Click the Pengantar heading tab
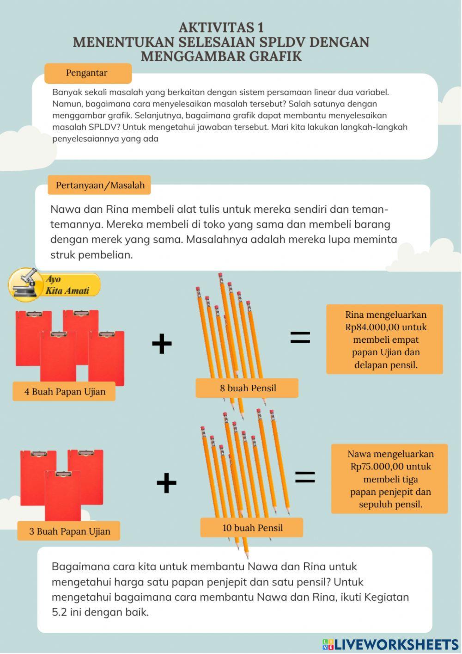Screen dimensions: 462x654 coord(88,73)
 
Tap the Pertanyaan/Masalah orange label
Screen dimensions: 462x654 coord(99,185)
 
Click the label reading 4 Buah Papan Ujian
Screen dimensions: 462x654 coord(64,391)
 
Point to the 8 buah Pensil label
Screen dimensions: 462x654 coord(247,388)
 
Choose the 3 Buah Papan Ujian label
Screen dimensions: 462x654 coord(69,531)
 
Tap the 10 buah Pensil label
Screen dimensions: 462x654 coord(252,528)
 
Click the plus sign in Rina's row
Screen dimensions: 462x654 coord(162,343)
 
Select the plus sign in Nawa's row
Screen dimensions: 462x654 coord(166,483)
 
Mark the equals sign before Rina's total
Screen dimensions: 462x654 coord(300,337)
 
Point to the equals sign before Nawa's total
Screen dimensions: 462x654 coord(305,477)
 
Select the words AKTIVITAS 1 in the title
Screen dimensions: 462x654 coord(221,28)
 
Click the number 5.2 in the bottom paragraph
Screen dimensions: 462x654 coord(60,612)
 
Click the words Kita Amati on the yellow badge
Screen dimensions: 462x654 coord(67,290)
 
